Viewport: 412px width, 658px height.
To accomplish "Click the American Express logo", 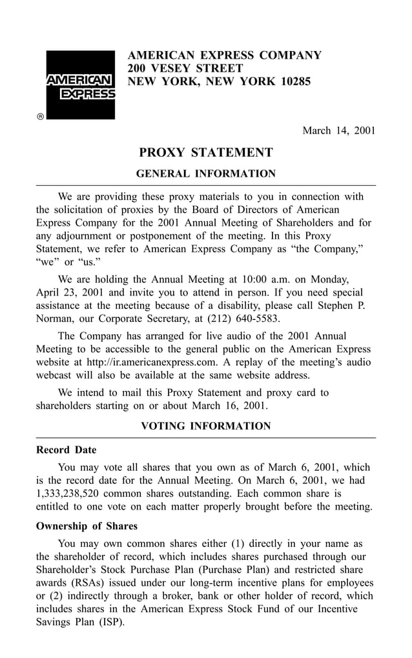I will [79, 85].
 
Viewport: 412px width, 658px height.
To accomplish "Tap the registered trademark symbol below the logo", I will [40, 117].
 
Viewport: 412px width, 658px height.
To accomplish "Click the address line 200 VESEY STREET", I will [185, 68].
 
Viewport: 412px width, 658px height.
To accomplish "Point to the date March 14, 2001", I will [339, 131].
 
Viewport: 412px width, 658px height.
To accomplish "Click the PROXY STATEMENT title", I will [206, 153].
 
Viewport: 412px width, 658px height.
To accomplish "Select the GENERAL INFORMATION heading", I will [206, 174].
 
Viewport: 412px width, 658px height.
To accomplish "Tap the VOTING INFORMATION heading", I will [206, 426].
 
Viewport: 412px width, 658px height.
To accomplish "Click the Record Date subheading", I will [66, 450].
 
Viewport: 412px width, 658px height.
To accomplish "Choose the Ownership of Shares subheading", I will [87, 526].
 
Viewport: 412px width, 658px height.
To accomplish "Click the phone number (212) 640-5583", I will [242, 319].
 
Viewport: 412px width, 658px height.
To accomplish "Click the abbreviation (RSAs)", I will [82, 583].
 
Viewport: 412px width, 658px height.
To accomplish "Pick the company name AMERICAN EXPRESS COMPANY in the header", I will [224, 55].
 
